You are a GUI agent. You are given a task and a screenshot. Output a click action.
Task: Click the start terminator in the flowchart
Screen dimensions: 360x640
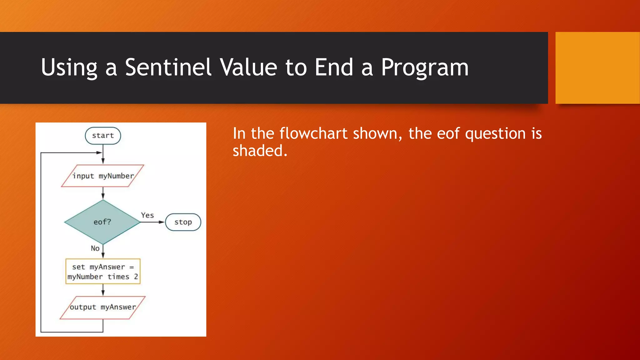tap(103, 136)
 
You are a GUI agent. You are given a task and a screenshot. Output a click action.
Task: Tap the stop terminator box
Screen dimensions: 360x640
tap(183, 222)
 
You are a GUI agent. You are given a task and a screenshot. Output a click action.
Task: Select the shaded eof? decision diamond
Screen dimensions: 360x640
tap(102, 222)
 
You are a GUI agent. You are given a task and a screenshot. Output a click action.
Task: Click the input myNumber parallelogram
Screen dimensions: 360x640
tap(103, 176)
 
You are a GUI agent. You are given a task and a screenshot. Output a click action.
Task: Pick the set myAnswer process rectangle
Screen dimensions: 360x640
tap(103, 272)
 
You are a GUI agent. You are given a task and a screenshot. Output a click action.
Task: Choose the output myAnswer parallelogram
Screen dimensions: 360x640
tap(103, 307)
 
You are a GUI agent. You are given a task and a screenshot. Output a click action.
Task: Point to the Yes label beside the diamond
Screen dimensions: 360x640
tap(147, 215)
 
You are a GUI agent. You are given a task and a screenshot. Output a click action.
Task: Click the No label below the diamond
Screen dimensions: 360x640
tap(95, 248)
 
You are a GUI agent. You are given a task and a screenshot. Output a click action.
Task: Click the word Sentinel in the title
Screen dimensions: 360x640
tap(168, 67)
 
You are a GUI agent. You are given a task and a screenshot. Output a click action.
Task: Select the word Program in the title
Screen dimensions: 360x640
tap(425, 67)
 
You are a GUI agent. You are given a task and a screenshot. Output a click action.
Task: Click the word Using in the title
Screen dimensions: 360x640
tap(69, 67)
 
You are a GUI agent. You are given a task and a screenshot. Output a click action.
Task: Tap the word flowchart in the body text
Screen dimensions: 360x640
tap(313, 133)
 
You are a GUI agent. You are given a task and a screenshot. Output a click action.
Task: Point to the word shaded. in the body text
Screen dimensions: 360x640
tap(260, 151)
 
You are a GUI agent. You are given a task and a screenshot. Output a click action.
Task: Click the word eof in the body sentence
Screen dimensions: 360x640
tap(448, 133)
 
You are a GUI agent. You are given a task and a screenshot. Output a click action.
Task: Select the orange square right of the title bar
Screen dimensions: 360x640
tap(597, 68)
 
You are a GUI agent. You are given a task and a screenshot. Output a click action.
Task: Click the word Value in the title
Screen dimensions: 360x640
tap(248, 67)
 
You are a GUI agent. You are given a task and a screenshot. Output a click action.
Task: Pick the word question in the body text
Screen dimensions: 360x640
tap(495, 133)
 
